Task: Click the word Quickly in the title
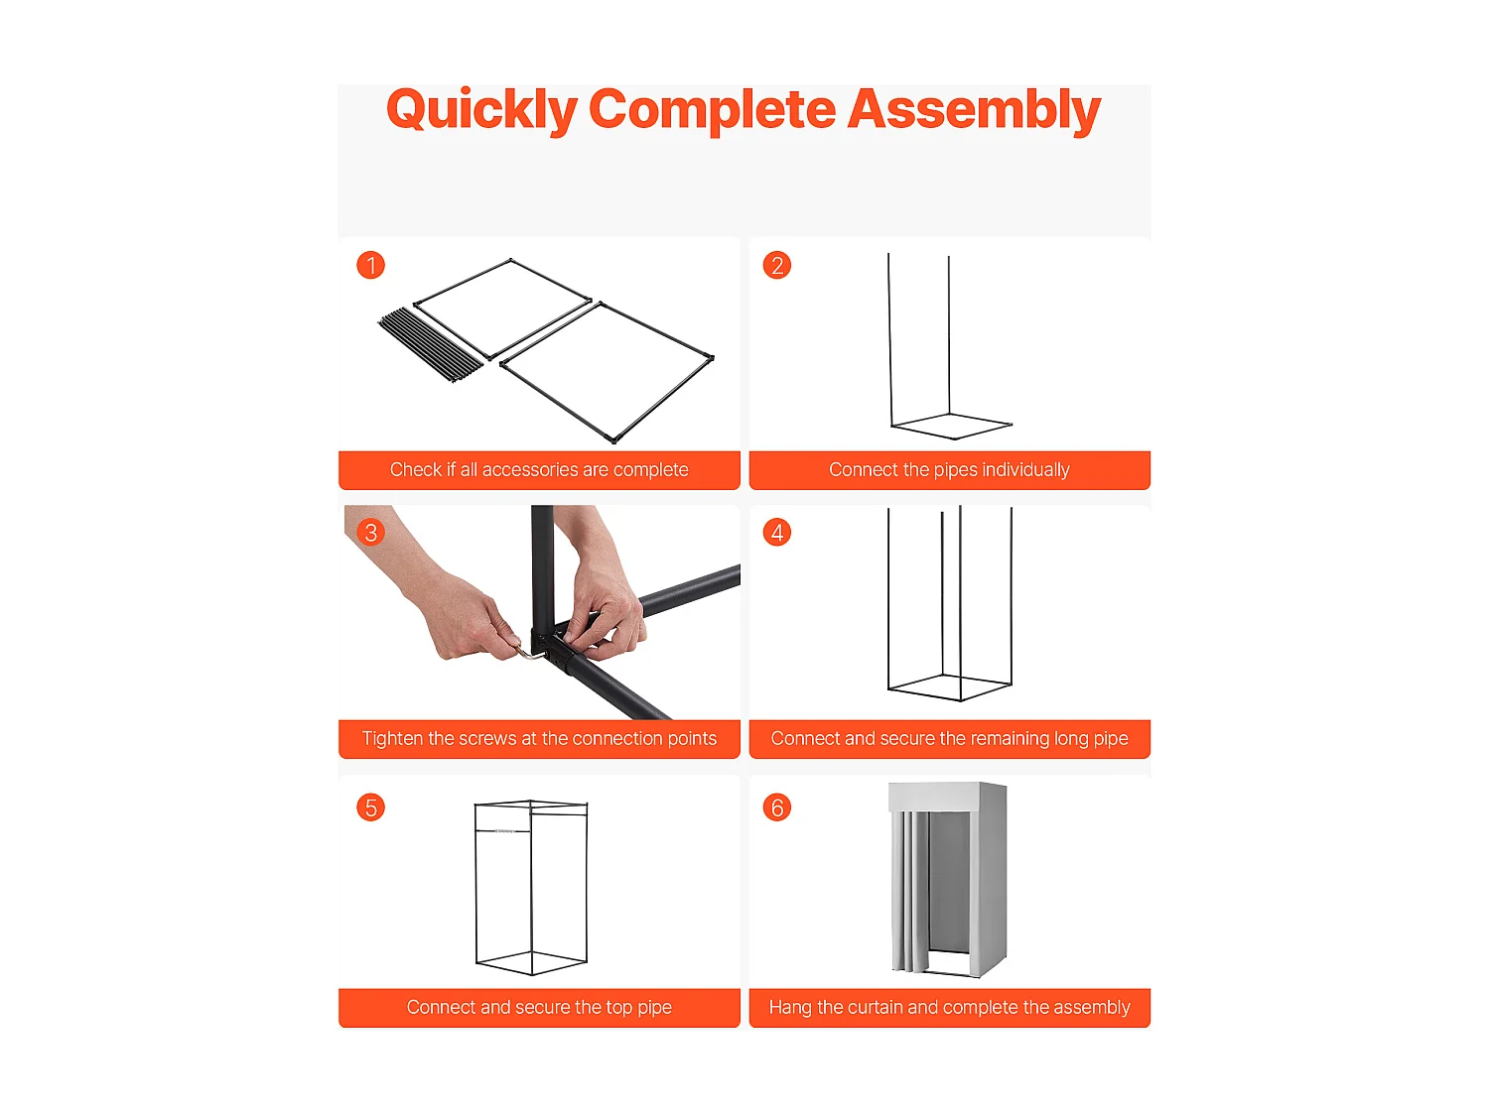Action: pos(481,110)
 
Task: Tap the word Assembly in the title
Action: pos(974,110)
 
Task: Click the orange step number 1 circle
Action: pos(370,265)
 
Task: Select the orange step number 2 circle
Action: pos(776,265)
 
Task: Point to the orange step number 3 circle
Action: pos(370,532)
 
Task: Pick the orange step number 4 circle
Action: pos(776,532)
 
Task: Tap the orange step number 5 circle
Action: pos(370,807)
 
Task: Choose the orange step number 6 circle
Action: pos(776,807)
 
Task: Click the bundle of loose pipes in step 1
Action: pos(430,344)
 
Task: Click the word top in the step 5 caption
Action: pos(619,1008)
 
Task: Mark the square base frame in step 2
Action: pos(952,427)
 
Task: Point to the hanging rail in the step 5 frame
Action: pos(502,830)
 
